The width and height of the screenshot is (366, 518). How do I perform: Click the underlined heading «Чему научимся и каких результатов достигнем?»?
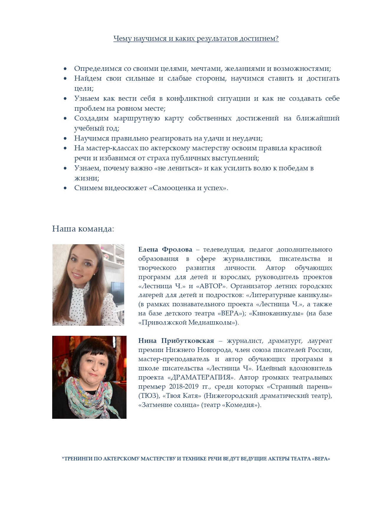click(196, 39)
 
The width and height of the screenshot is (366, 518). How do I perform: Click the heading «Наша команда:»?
click(83, 229)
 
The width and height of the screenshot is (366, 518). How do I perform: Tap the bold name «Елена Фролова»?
click(165, 250)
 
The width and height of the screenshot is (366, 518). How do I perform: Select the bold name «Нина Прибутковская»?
click(176, 341)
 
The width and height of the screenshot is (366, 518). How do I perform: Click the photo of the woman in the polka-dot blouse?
click(88, 285)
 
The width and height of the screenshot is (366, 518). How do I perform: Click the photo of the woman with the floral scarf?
click(89, 377)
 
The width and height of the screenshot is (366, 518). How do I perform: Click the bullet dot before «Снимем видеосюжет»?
click(65, 188)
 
